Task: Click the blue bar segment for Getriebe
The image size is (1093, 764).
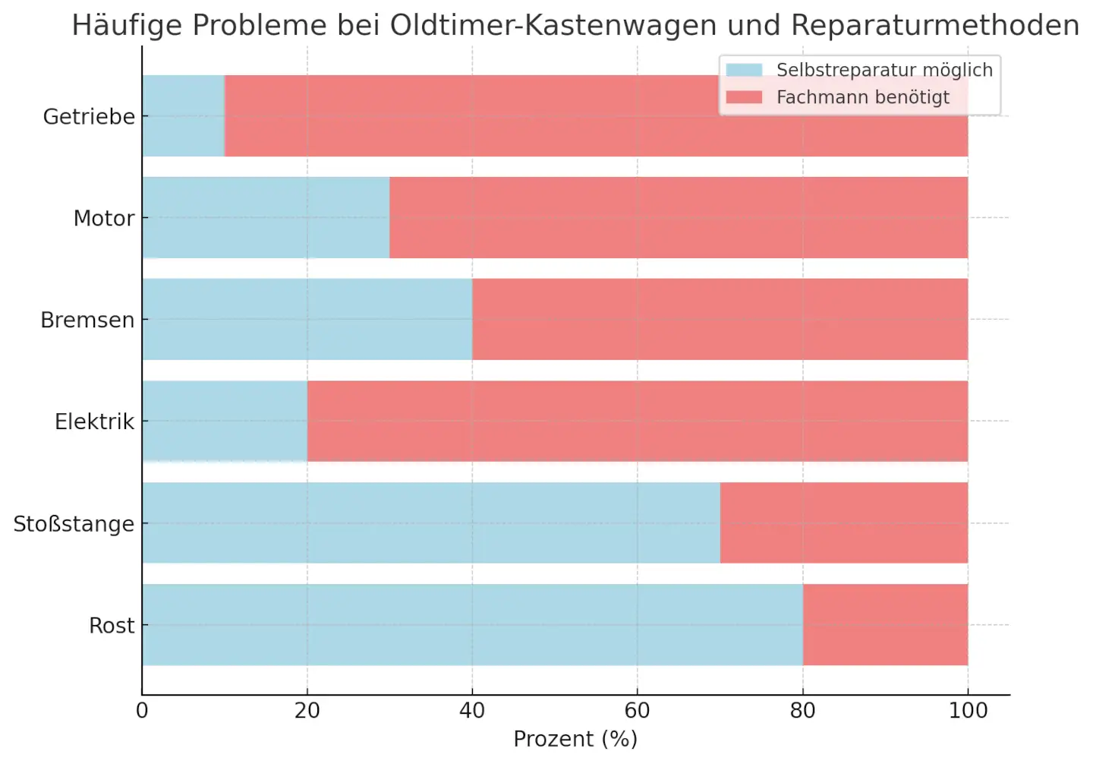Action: [184, 116]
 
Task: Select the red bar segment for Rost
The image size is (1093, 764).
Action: [885, 625]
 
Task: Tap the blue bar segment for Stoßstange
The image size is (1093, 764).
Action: [430, 523]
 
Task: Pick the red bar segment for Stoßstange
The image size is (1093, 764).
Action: [843, 523]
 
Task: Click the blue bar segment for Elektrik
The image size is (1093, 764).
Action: [225, 421]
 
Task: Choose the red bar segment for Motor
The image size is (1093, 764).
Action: [678, 218]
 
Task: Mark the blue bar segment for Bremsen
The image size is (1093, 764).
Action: [307, 320]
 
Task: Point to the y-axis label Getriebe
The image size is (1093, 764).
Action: [89, 117]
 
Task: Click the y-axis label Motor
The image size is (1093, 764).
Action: [104, 219]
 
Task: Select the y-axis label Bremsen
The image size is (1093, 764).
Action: [87, 320]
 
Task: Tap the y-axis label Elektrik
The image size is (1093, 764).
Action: [94, 421]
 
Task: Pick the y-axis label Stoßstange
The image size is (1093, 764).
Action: [74, 524]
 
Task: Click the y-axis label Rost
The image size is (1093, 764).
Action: [112, 626]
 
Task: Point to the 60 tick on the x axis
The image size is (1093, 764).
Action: [637, 711]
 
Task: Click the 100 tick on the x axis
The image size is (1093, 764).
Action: [968, 711]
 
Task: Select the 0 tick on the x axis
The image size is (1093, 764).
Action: [142, 711]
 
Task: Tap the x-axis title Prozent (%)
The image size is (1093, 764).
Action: [575, 739]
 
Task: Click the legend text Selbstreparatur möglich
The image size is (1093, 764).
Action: [884, 70]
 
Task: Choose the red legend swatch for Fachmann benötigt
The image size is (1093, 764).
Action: [744, 97]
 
